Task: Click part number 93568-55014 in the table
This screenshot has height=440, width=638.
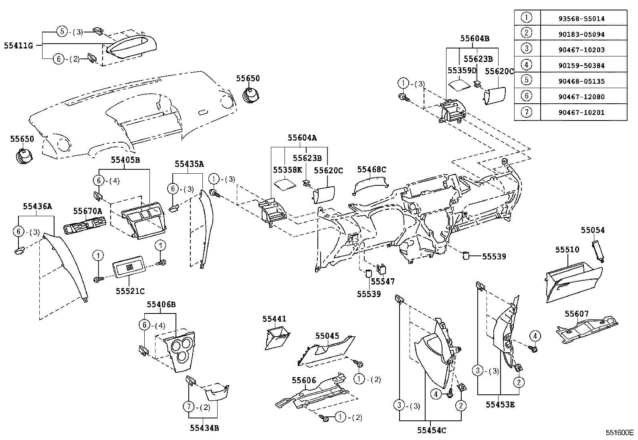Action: tap(584, 18)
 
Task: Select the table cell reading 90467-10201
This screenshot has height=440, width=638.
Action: tap(584, 113)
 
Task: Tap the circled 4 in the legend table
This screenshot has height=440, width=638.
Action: tap(527, 65)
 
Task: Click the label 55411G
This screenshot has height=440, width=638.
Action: tap(18, 45)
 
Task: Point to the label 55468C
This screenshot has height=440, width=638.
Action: tap(371, 170)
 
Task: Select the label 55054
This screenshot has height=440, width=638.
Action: tap(593, 230)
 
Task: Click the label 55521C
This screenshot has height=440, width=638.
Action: tap(130, 291)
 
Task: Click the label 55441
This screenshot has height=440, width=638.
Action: tap(274, 319)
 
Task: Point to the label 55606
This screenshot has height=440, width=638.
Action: tap(304, 381)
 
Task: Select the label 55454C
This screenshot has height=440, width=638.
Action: tap(431, 430)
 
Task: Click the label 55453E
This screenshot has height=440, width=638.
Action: tap(500, 405)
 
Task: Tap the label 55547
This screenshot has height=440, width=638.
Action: tap(382, 281)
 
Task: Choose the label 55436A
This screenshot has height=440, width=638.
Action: tap(37, 206)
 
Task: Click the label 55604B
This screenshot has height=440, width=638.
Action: tap(474, 38)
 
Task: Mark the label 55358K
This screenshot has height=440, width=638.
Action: tap(287, 170)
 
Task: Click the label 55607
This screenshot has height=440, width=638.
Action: tap(577, 314)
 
